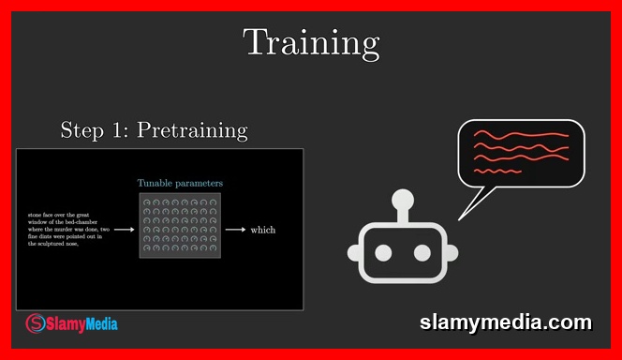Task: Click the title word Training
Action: click(x=311, y=42)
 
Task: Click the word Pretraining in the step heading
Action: click(x=192, y=130)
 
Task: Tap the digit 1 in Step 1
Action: click(x=121, y=130)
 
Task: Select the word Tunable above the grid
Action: click(x=156, y=183)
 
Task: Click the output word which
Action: click(x=263, y=230)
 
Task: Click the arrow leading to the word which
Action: click(x=235, y=230)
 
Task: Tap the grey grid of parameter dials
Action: click(x=180, y=225)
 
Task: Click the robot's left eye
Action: click(x=384, y=252)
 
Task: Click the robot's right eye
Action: click(x=422, y=252)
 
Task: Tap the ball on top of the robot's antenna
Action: click(x=403, y=199)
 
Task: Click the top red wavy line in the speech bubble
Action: click(x=521, y=135)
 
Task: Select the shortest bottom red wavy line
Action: click(x=497, y=172)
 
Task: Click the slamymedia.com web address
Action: click(x=505, y=323)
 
